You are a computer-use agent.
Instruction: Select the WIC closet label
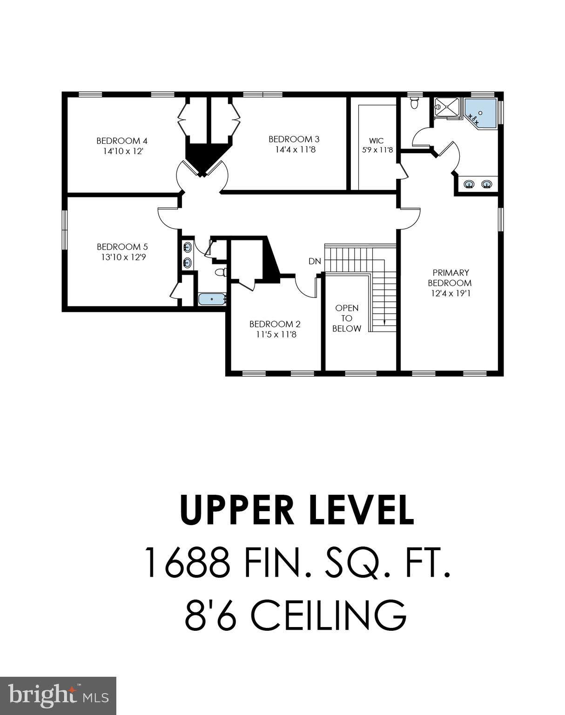tap(377, 141)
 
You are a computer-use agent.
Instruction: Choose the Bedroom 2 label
tap(275, 324)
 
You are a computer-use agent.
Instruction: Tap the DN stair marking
tap(315, 262)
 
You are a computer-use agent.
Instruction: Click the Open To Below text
tap(347, 318)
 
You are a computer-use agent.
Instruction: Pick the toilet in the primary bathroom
tap(414, 103)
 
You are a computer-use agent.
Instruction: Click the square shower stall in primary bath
tap(446, 108)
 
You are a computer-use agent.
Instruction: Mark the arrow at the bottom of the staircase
tap(384, 321)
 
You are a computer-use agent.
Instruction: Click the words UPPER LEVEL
tap(296, 510)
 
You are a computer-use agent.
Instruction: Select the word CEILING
tap(330, 615)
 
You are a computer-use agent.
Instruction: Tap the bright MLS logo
tap(58, 695)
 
